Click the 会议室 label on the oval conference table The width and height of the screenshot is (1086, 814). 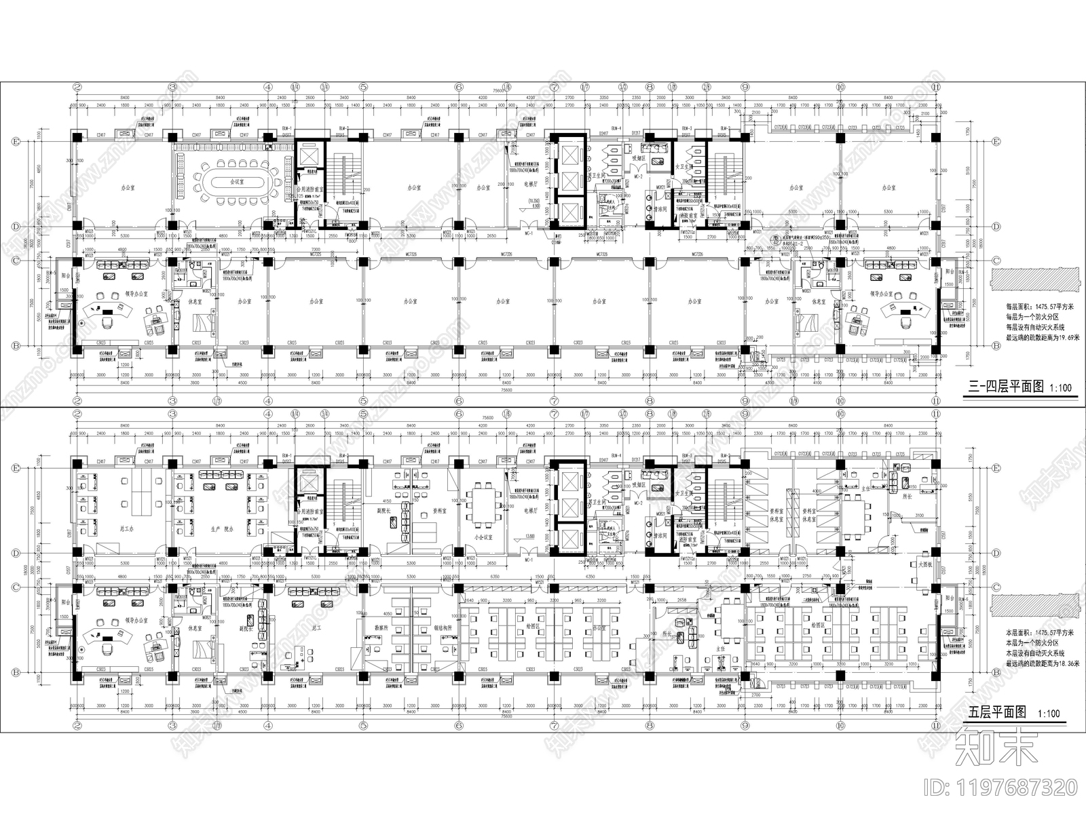(x=236, y=182)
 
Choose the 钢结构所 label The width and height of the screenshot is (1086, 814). (x=443, y=628)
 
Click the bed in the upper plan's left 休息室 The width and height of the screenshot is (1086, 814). (x=203, y=320)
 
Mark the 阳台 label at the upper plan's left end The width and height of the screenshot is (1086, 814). (x=65, y=277)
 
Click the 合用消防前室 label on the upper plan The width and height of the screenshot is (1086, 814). (x=310, y=191)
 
